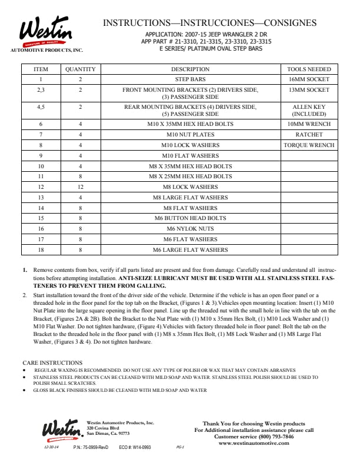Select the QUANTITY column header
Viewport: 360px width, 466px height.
[x=80, y=69]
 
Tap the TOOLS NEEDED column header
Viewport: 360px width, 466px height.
[x=309, y=69]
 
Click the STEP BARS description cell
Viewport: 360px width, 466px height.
[x=190, y=79]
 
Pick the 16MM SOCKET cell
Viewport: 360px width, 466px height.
[x=309, y=79]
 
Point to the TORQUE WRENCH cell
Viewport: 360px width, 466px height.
[x=309, y=145]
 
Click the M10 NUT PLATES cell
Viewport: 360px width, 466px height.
[x=190, y=135]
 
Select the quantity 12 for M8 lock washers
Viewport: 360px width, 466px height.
[x=80, y=187]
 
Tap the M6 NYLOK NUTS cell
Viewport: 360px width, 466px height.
[x=190, y=229]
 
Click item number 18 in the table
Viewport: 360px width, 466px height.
[x=41, y=250]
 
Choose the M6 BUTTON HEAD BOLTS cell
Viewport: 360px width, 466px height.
[x=190, y=218]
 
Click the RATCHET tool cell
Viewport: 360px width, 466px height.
[x=309, y=135]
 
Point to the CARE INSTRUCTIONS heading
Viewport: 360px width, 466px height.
[x=52, y=362]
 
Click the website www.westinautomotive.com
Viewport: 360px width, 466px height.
[x=254, y=443]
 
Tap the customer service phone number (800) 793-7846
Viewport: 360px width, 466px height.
[x=276, y=437]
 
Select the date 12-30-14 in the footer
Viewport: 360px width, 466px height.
[x=51, y=448]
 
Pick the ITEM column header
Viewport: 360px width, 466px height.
[x=41, y=69]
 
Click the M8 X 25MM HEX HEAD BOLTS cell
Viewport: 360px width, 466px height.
[x=190, y=177]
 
